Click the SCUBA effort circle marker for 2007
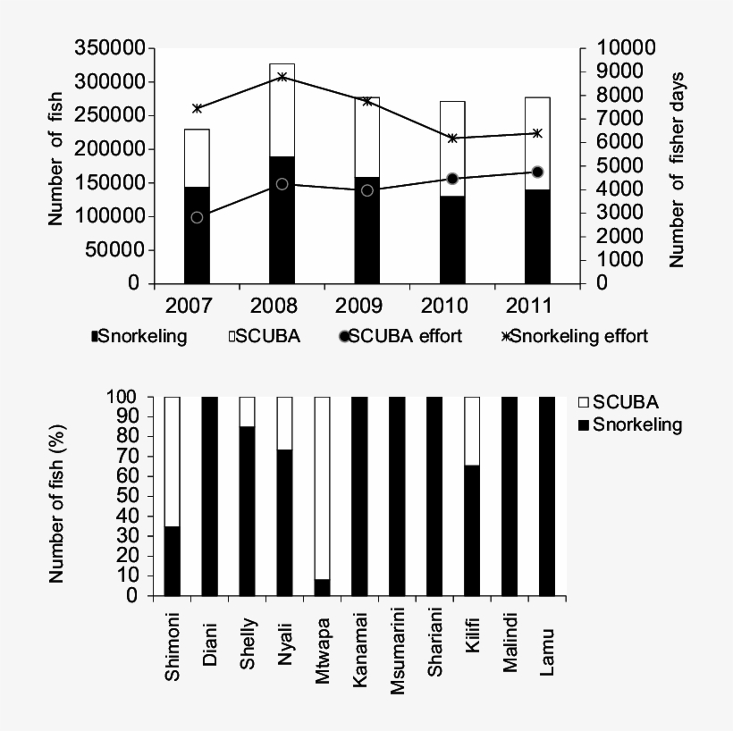tap(197, 217)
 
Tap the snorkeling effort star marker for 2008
tap(282, 77)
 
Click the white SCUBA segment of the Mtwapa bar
tap(323, 488)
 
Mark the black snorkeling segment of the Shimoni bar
tap(173, 561)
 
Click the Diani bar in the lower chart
tap(210, 496)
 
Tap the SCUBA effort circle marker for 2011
tap(537, 172)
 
